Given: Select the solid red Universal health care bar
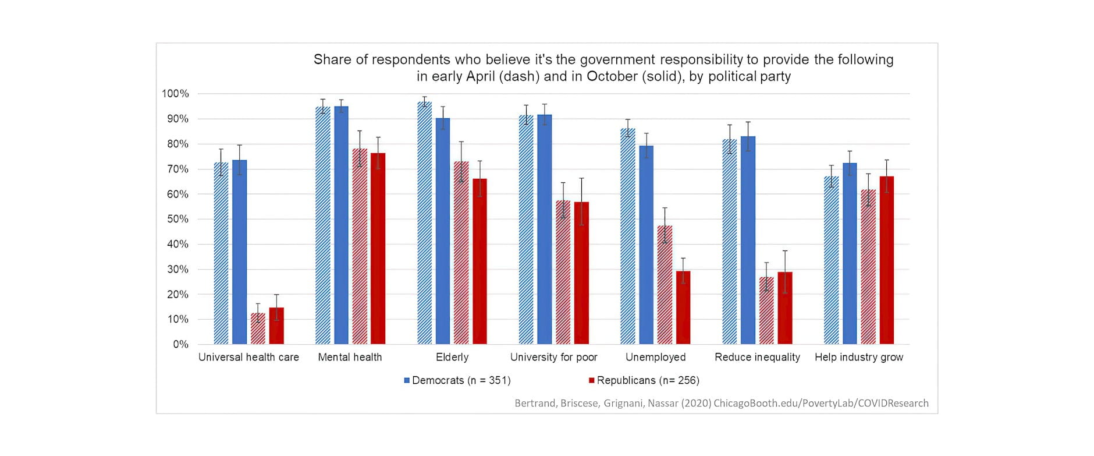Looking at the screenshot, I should pyautogui.click(x=276, y=326).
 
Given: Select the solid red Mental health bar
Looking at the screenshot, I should pyautogui.click(x=378, y=248).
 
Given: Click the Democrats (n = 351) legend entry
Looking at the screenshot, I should pyautogui.click(x=457, y=380).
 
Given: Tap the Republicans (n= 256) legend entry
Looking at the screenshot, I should pyautogui.click(x=644, y=380).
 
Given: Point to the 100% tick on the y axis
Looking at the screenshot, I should pyautogui.click(x=175, y=94).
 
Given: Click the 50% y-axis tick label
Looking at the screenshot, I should pyautogui.click(x=177, y=219).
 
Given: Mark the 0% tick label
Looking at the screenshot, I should pyautogui.click(x=180, y=344).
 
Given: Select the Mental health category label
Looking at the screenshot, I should pyautogui.click(x=350, y=357).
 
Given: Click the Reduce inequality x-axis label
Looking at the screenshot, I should pyautogui.click(x=757, y=357).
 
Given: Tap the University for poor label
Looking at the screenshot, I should pyautogui.click(x=553, y=357).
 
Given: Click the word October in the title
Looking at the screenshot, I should pyautogui.click(x=612, y=76).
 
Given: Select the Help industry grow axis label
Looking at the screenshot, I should pyautogui.click(x=858, y=357).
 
